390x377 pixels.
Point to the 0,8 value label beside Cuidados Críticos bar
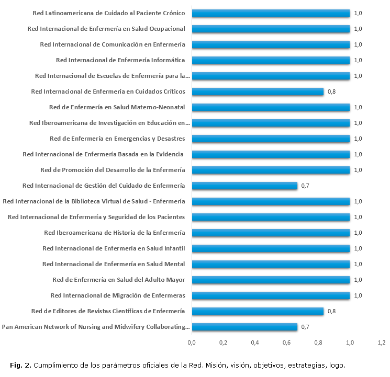coord(331,92)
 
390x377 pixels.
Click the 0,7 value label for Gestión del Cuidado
coord(305,186)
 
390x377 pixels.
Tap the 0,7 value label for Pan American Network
coord(305,327)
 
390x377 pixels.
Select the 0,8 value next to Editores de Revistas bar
coord(331,311)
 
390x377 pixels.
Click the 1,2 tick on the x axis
coord(382,342)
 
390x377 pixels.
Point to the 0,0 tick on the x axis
coord(192,342)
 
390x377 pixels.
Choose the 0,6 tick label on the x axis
coord(287,342)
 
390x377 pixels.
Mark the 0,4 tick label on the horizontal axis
coord(255,342)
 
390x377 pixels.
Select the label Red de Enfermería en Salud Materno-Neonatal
coord(117,107)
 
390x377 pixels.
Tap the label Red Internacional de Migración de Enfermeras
coord(118,295)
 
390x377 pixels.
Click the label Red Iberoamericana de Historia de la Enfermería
coord(115,233)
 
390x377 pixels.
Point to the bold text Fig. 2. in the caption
coord(20,364)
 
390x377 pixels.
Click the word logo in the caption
coord(337,364)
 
